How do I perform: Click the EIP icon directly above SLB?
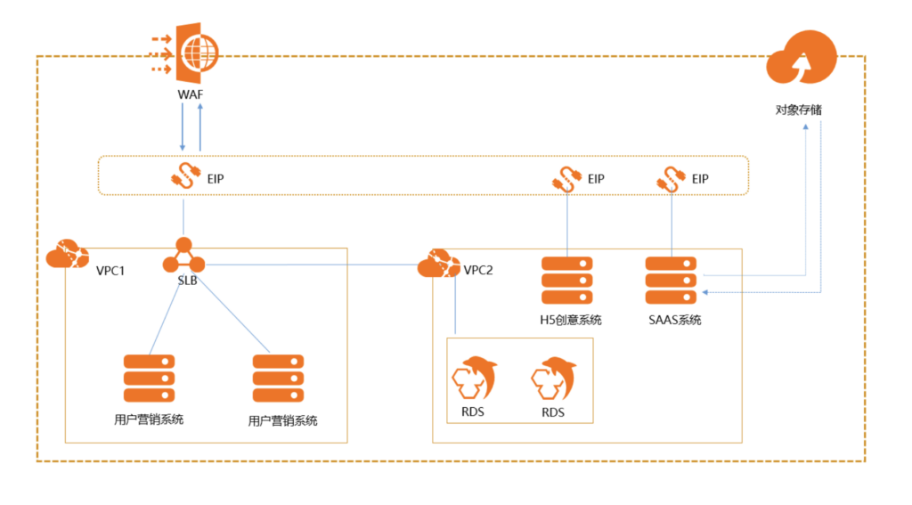(183, 176)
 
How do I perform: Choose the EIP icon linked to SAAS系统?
(671, 177)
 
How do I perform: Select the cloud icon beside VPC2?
(438, 264)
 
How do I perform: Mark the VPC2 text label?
(478, 270)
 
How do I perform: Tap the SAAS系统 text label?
(675, 319)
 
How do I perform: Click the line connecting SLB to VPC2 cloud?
(312, 264)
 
